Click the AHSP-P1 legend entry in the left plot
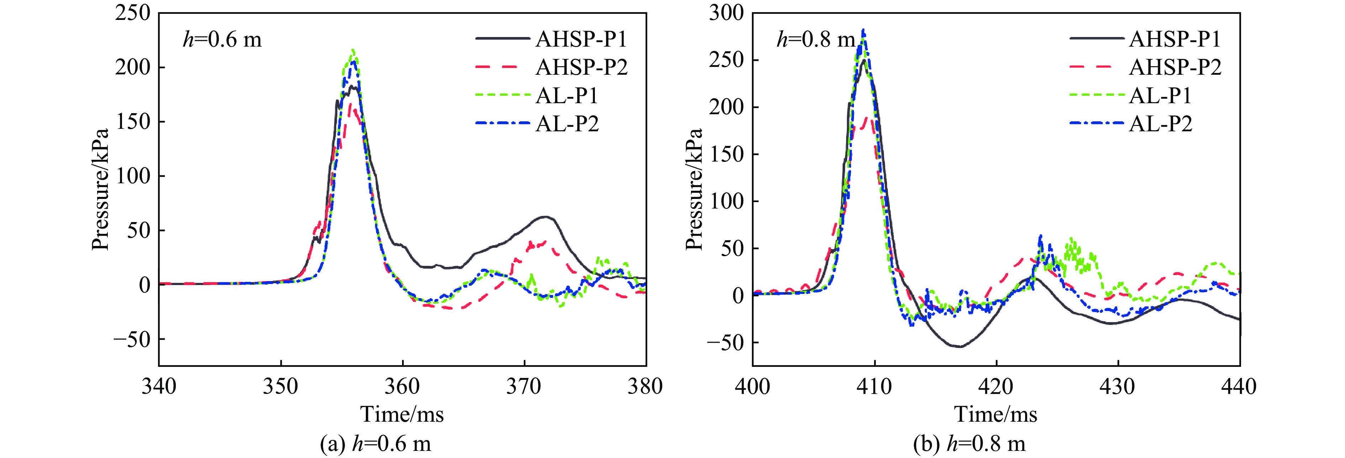[x=581, y=39]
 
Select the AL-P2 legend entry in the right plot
[x=1160, y=124]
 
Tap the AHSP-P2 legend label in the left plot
[x=581, y=67]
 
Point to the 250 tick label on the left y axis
[x=132, y=13]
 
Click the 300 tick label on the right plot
[x=726, y=13]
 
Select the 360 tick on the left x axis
[x=402, y=386]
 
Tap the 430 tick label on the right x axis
[x=1118, y=386]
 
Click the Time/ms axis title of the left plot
[x=402, y=414]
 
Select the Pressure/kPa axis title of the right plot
[x=694, y=189]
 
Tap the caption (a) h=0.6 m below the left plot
[x=375, y=444]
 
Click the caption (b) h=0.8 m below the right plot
[x=969, y=444]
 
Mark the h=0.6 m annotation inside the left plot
[x=222, y=39]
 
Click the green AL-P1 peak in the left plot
[x=353, y=51]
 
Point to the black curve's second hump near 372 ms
[x=545, y=217]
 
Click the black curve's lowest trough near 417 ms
[x=960, y=346]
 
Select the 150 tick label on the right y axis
[x=726, y=154]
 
